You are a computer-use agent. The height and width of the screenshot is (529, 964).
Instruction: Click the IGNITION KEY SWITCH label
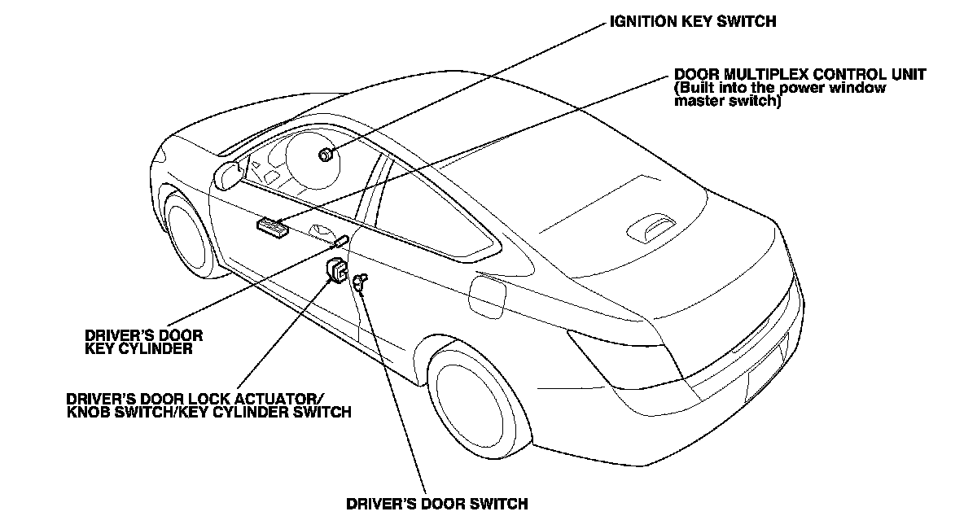pos(693,22)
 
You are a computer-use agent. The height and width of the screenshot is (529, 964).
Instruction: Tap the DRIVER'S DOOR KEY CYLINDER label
pos(143,342)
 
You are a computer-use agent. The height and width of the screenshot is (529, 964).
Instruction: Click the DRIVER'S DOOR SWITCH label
pos(436,504)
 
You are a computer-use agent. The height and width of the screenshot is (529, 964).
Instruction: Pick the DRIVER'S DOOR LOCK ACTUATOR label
pos(196,399)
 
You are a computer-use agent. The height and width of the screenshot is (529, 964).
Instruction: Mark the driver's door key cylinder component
pos(341,242)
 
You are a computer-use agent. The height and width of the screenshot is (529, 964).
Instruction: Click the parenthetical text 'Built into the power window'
pos(780,88)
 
